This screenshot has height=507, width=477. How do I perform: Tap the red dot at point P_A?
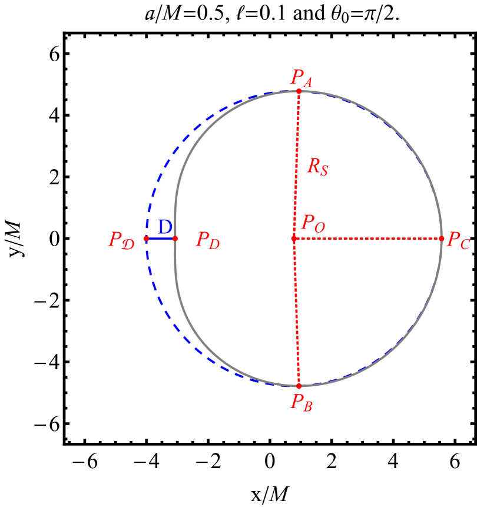tap(299, 91)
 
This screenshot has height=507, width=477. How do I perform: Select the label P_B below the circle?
tap(301, 402)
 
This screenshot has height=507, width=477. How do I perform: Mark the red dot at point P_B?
tap(299, 386)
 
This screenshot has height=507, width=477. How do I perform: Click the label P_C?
tap(458, 240)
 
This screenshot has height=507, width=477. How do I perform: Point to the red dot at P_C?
tap(442, 238)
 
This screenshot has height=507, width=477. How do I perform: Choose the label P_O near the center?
tap(313, 223)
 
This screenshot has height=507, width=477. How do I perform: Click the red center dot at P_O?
tap(294, 238)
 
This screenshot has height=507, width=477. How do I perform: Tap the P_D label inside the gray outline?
tap(207, 240)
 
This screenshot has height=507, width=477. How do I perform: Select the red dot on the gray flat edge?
tap(175, 238)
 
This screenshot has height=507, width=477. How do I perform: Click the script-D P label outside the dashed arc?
tap(121, 240)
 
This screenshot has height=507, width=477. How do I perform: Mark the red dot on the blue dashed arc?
tap(146, 238)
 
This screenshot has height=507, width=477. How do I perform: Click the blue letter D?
tap(164, 227)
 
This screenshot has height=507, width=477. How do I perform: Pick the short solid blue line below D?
tap(161, 238)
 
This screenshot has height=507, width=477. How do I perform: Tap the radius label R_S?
tap(317, 167)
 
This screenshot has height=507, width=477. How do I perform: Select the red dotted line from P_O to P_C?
tap(368, 238)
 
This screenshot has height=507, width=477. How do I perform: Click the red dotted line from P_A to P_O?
tap(296, 165)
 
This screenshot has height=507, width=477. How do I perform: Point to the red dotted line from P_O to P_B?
tap(296, 312)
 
